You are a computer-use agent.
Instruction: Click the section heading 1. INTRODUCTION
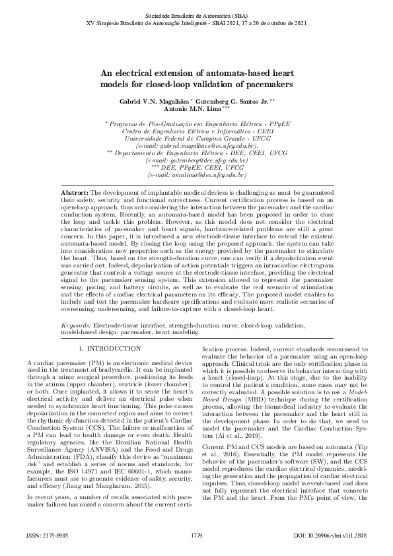(110, 348)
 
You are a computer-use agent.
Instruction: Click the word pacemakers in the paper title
(266, 85)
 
